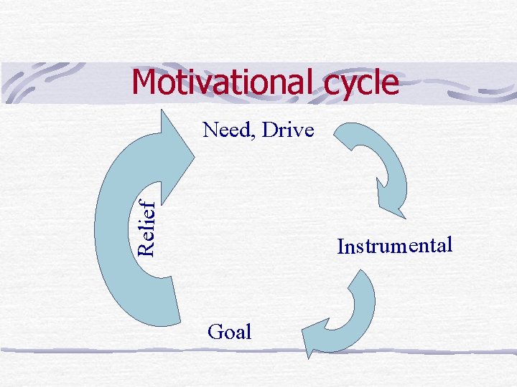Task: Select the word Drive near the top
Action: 288,130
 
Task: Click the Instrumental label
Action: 395,247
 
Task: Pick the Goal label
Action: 229,332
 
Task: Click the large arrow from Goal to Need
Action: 122,236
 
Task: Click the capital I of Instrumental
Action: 340,248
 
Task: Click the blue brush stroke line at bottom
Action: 258,350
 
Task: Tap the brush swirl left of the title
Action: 43,82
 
